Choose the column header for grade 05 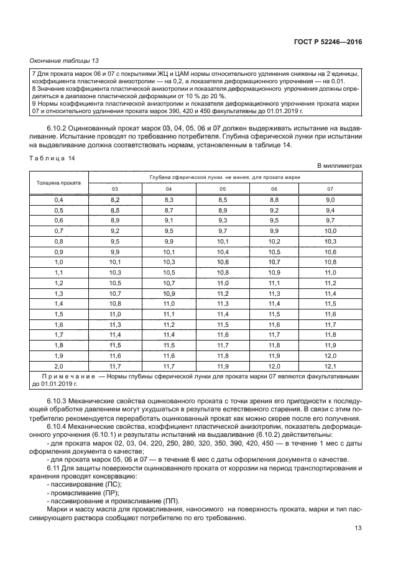[x=223, y=189]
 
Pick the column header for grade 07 [x=330, y=189]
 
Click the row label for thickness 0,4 [x=59, y=199]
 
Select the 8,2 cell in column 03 [x=115, y=199]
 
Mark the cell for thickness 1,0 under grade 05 [x=223, y=262]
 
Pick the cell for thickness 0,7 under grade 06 [x=276, y=231]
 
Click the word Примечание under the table [x=65, y=377]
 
